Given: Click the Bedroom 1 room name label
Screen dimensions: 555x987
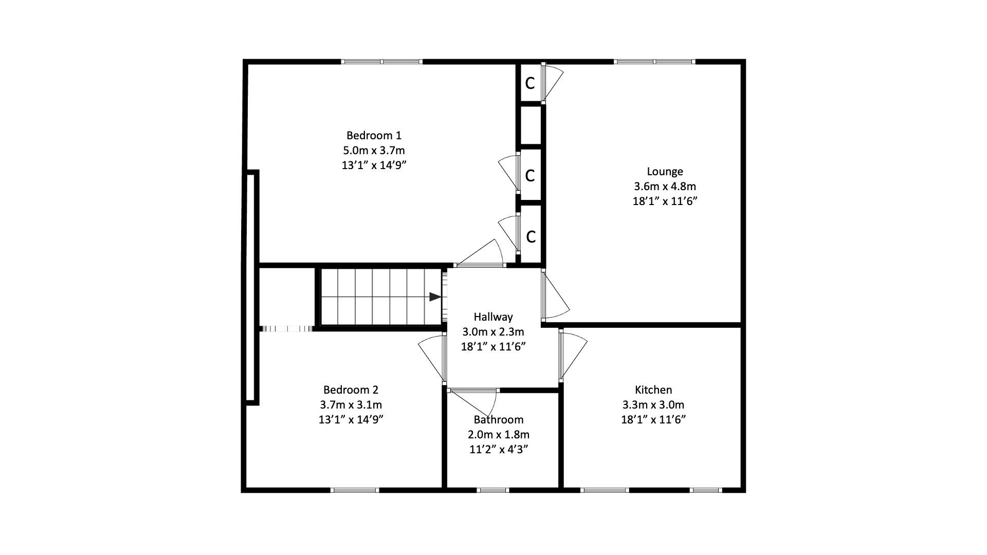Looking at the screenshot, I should (x=374, y=136).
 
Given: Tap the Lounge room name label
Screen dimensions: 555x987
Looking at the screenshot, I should (x=665, y=172).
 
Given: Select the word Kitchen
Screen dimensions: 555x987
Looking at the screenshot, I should (x=653, y=390).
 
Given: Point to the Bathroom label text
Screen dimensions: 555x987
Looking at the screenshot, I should (x=499, y=420).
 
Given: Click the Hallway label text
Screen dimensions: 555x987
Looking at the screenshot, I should (x=493, y=317).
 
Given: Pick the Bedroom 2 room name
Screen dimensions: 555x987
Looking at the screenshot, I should (x=351, y=390).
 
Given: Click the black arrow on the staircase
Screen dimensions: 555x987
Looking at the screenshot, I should (x=435, y=297).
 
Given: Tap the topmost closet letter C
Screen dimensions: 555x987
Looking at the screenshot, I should (x=530, y=83).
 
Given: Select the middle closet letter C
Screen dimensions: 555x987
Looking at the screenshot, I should (x=530, y=176).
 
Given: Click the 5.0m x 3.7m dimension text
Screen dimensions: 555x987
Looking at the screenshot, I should (x=374, y=151).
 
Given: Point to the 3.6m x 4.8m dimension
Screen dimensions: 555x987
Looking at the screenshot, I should (x=665, y=187).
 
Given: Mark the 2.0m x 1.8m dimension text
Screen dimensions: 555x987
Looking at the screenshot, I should (x=499, y=435).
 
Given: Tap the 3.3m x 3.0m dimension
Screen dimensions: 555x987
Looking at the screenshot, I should (x=653, y=405).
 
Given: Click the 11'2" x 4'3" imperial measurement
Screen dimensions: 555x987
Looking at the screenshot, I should (x=499, y=450).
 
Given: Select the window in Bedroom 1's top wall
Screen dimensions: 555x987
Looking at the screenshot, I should (x=382, y=62).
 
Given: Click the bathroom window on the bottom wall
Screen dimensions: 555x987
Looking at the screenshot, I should (x=492, y=490).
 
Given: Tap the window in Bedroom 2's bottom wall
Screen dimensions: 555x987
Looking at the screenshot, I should (x=355, y=490).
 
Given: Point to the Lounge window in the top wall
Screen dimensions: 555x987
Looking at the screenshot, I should (x=654, y=62).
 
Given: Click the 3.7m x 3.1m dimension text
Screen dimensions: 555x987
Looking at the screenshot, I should (x=351, y=405).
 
